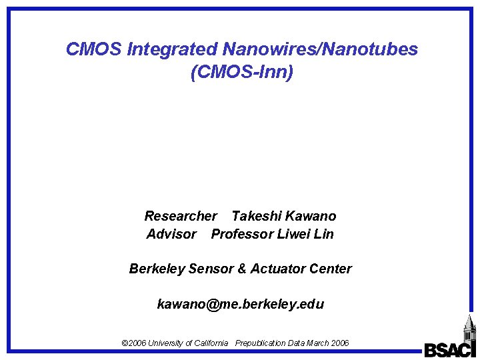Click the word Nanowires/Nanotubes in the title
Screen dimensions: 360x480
click(320, 49)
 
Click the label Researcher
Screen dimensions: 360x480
click(180, 216)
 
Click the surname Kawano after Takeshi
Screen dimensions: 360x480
click(310, 216)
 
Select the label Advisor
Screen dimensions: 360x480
click(171, 234)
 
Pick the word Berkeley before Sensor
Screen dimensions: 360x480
click(157, 269)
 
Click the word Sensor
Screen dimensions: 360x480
click(209, 269)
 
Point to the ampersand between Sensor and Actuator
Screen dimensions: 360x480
click(241, 269)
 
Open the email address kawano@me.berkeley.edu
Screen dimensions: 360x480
click(240, 305)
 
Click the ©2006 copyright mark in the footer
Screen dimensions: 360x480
click(133, 343)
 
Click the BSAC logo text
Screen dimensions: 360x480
click(449, 349)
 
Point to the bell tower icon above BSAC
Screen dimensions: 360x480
click(469, 328)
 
